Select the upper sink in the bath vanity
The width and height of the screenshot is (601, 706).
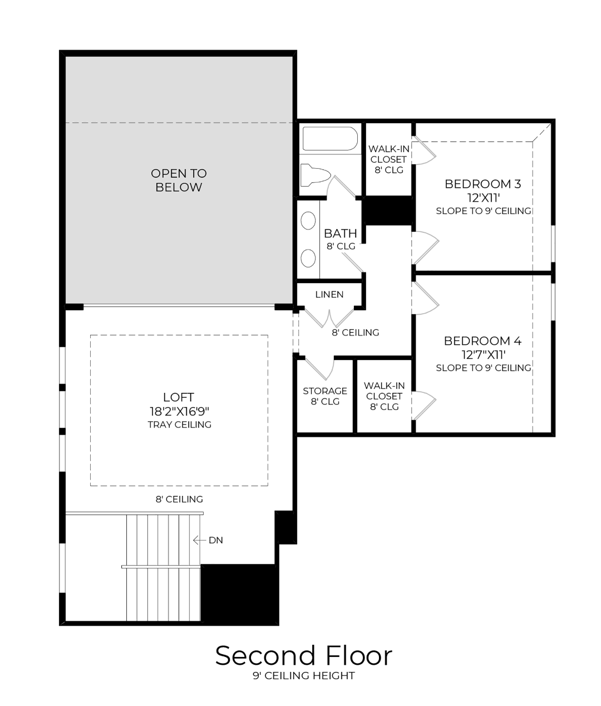[x=308, y=221]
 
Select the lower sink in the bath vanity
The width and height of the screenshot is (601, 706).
[x=308, y=258]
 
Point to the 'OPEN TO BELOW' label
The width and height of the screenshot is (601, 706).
[x=179, y=181]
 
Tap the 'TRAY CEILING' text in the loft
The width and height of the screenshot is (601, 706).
[x=179, y=425]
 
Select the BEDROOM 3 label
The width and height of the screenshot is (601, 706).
[x=482, y=184]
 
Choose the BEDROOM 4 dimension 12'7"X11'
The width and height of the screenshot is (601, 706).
[x=482, y=354]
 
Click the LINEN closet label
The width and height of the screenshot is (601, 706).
[x=329, y=294]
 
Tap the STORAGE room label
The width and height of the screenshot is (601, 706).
[x=325, y=391]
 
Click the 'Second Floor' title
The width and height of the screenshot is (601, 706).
[x=303, y=656]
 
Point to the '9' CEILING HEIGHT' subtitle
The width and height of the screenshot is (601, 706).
[x=303, y=676]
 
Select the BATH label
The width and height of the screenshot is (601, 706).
[x=340, y=233]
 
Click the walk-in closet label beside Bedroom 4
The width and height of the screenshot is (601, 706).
[x=384, y=396]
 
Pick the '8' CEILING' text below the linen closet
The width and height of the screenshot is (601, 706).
[x=355, y=333]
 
